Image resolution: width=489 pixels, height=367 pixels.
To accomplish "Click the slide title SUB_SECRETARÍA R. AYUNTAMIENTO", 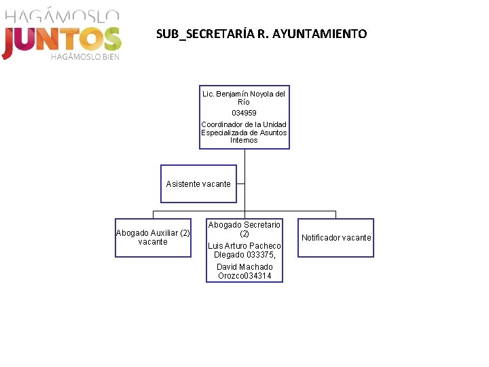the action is click(x=261, y=34).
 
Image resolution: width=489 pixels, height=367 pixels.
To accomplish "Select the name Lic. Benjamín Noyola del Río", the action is click(x=244, y=98).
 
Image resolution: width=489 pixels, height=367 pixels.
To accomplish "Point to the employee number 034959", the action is click(x=244, y=113).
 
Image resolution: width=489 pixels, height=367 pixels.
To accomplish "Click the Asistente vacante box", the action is click(x=198, y=183).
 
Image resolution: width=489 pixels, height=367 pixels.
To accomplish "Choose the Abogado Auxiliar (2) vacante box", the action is click(x=153, y=237).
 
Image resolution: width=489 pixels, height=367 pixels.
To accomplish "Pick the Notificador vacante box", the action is click(x=336, y=238).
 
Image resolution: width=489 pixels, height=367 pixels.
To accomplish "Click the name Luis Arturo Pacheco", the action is click(x=244, y=246).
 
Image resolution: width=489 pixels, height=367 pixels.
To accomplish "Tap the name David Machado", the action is click(x=244, y=267).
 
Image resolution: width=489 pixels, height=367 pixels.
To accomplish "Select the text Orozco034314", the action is click(x=244, y=276).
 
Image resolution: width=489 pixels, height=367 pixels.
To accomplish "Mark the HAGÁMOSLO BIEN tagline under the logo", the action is click(x=85, y=57).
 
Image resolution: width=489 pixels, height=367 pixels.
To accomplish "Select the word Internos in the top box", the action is click(x=244, y=141).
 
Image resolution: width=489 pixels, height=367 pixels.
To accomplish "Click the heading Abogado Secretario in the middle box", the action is click(x=244, y=225).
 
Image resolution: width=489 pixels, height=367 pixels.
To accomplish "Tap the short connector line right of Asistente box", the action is click(x=240, y=183).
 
